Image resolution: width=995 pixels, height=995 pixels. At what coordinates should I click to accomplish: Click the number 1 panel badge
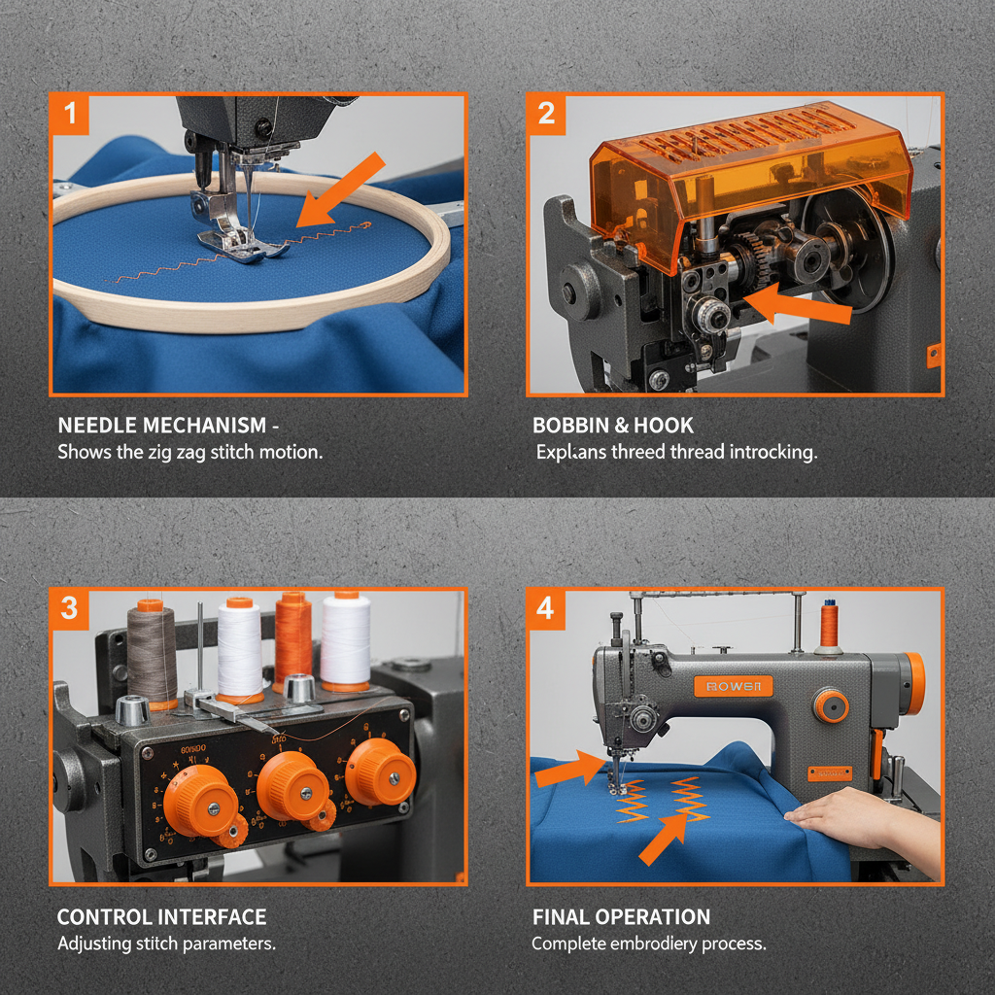click(69, 114)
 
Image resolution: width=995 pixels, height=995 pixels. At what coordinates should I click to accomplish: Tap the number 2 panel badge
click(546, 114)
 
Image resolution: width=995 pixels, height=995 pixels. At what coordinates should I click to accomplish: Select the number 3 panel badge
click(69, 608)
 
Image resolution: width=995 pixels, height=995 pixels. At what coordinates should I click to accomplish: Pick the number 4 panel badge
click(545, 608)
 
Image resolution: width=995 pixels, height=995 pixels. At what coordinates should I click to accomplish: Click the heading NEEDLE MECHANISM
click(161, 426)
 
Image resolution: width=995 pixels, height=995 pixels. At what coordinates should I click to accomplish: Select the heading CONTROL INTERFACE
click(161, 917)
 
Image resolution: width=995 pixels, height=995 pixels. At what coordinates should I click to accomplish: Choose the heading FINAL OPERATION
click(621, 917)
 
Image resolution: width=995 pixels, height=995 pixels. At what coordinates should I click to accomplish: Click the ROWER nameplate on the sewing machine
click(734, 687)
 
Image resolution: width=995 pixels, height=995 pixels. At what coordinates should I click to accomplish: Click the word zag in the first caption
click(192, 452)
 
